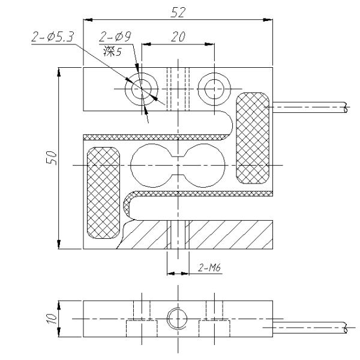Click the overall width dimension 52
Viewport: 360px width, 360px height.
click(x=178, y=11)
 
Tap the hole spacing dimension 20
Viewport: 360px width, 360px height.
click(x=178, y=37)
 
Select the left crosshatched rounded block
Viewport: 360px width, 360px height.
click(x=104, y=191)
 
